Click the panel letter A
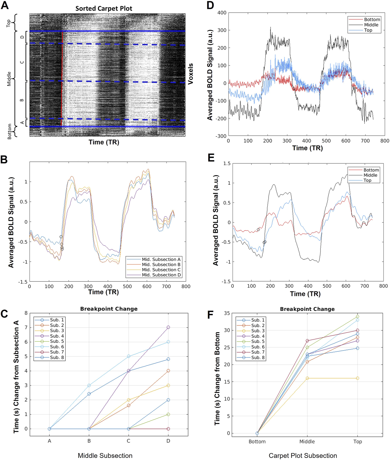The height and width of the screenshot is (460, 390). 5,5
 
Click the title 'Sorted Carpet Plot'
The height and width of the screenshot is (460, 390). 104,8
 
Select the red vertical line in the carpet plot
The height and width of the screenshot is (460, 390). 62,78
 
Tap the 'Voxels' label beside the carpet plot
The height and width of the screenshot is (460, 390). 191,74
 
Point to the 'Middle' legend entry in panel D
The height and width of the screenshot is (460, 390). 371,25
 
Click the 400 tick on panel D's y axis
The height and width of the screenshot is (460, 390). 222,13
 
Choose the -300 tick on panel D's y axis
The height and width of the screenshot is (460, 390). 221,136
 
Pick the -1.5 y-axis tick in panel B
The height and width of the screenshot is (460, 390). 23,282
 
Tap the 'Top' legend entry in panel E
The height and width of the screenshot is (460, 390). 367,180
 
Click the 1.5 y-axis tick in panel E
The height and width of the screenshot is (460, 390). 227,163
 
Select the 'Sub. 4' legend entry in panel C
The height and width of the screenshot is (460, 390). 57,336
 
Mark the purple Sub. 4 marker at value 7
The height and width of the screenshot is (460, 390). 168,327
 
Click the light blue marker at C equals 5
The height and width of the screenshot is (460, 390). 129,356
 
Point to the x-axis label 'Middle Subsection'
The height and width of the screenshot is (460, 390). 105,456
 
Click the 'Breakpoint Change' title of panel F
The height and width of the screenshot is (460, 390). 307,309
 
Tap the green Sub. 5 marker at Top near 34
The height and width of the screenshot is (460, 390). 357,316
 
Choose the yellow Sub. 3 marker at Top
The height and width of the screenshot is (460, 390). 357,378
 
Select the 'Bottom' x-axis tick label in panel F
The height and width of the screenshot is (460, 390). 257,442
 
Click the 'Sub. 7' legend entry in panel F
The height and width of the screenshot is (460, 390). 258,352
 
